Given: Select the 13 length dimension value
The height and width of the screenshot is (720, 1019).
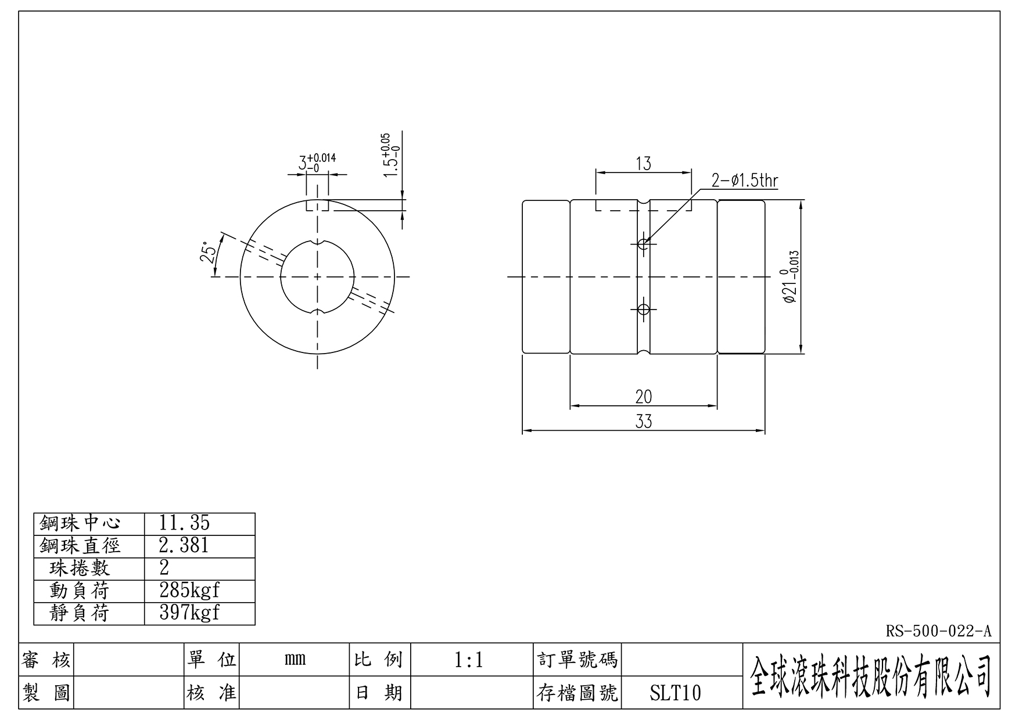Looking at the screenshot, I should pos(643,164).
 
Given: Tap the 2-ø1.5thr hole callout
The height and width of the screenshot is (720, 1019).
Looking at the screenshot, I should pos(744,181).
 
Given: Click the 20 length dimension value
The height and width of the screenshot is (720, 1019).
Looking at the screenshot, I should pos(643,397).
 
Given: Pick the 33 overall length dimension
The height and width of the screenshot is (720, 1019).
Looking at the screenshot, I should pos(643,422).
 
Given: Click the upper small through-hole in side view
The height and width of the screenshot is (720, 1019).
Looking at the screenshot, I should pos(643,244).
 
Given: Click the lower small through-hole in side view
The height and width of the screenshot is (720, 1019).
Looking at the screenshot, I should pos(643,309).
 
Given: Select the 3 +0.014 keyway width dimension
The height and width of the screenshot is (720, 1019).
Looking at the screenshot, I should pos(317,162).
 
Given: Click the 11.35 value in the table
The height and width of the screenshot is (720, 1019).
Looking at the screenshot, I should pos(184,523).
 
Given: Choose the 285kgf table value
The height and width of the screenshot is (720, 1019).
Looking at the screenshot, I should pos(189,591).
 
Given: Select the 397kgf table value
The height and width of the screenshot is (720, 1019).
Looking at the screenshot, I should pos(189,613).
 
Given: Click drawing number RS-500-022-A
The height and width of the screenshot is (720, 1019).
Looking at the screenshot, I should pos(938,631).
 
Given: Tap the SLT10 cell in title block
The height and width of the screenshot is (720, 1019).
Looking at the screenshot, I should pos(675,693).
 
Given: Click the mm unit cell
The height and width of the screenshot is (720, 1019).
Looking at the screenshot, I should pos(295,660).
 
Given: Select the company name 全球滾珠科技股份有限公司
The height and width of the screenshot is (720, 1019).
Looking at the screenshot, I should pos(870,676).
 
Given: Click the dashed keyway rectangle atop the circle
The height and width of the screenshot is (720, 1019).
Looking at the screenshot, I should pos(317,206).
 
